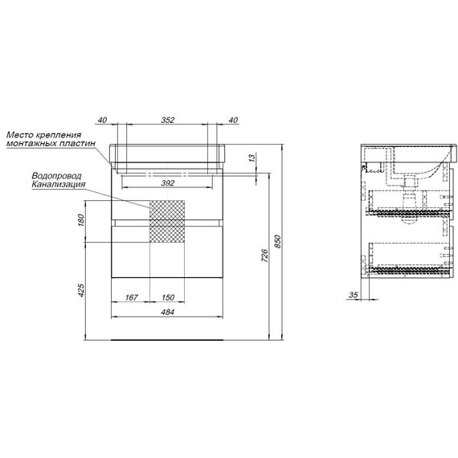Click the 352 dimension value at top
point(168,120)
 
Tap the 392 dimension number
point(168,183)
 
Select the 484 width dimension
point(167,312)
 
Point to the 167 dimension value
point(131,297)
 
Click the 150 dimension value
point(168,297)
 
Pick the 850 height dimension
point(277,242)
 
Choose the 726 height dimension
point(264,256)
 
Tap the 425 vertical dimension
point(80,290)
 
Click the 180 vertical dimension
point(80,219)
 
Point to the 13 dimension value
point(251,157)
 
